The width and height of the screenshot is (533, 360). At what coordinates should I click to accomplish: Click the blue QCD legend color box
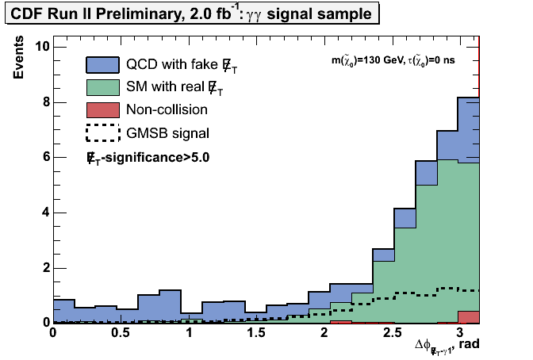click(102, 65)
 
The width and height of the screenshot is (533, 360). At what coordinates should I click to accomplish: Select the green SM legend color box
click(102, 88)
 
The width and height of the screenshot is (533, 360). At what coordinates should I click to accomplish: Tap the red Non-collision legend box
click(102, 109)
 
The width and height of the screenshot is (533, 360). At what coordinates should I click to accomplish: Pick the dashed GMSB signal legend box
click(102, 132)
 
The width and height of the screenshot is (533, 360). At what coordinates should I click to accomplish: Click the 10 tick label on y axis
click(43, 47)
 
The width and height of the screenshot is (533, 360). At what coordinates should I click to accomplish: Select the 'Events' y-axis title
click(18, 59)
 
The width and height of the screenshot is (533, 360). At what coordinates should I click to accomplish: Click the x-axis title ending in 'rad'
click(447, 347)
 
